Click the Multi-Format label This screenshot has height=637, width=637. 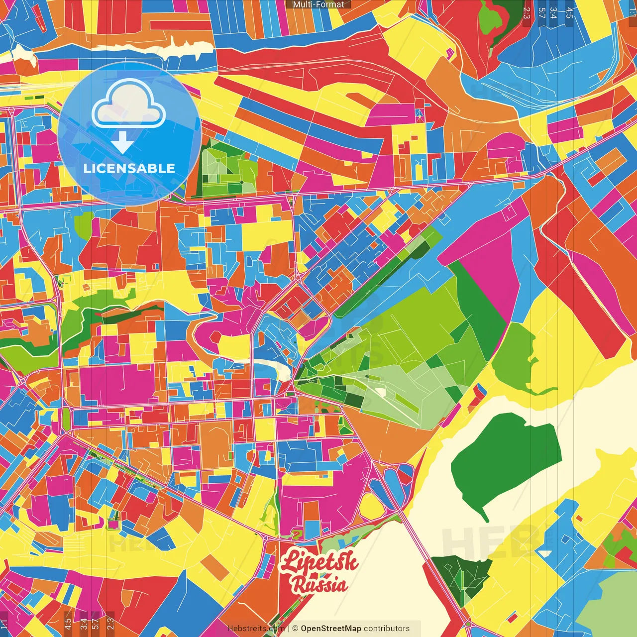click(x=318, y=4)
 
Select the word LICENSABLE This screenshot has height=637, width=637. click(x=129, y=168)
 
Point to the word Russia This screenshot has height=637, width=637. click(x=319, y=584)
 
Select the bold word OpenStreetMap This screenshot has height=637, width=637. click(x=331, y=629)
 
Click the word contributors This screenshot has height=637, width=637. click(x=387, y=629)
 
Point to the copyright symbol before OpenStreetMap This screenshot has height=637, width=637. click(x=295, y=629)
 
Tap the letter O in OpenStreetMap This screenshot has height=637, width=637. click(x=304, y=629)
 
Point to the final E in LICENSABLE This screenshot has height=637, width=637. click(x=171, y=168)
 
